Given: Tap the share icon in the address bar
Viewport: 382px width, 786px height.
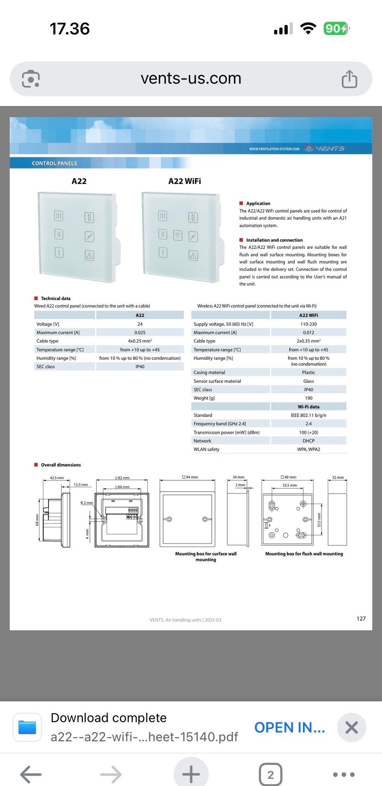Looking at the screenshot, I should pos(349,79).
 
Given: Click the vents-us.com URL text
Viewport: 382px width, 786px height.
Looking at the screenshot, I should pos(191,78).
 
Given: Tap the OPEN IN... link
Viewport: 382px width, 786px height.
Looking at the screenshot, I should pos(289,727).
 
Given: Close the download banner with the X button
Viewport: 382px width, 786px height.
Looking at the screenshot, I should pos(351,727).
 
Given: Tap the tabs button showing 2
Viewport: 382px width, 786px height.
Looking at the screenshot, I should pos(271,774).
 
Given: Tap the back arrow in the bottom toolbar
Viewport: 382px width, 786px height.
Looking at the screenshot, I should pos(31,774).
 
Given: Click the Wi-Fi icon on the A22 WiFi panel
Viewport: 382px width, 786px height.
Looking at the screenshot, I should pos(177,235).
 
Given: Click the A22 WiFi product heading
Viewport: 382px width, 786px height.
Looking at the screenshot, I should pos(185,181).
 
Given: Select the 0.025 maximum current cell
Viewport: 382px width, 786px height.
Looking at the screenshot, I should pos(140,333).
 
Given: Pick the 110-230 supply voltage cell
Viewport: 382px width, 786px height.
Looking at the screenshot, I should pos(308,324).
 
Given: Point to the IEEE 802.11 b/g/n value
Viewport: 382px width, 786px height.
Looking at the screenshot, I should pos(308,415).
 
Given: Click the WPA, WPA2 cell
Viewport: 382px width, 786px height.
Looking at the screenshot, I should pos(308,449).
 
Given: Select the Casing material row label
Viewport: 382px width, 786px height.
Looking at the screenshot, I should pos(209,372).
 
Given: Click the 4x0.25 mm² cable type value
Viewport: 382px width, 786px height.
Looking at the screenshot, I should pos(140,341).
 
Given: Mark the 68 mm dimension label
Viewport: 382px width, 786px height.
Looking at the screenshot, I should pos(37,519).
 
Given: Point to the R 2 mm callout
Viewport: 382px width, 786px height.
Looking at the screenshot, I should pos(86,503).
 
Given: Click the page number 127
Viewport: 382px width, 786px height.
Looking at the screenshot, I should pos(361,619).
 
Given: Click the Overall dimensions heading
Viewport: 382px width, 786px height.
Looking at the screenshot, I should pos(60,465).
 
